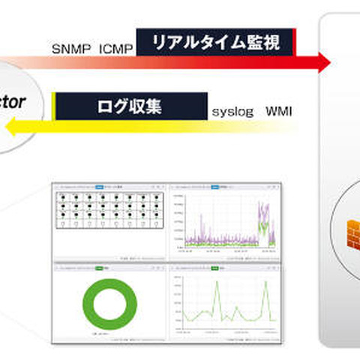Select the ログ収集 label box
130,106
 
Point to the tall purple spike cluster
262,217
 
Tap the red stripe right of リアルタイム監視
295,43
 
